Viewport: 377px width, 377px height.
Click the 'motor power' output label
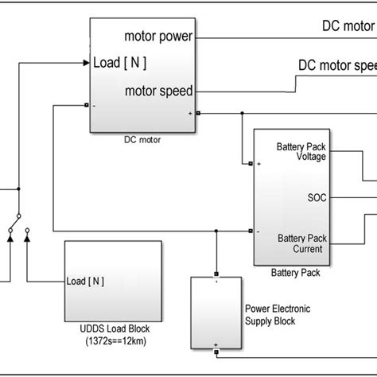pos(160,36)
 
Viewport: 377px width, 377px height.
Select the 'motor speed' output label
pos(159,91)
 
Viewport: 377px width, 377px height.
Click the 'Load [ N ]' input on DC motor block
pos(120,62)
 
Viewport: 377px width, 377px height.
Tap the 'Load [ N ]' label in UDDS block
pos(87,281)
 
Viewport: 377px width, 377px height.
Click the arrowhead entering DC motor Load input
pos(85,61)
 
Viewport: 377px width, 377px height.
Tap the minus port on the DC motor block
pos(86,103)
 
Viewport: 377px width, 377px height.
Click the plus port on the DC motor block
pos(199,113)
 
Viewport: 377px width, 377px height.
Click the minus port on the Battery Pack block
pos(251,232)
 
